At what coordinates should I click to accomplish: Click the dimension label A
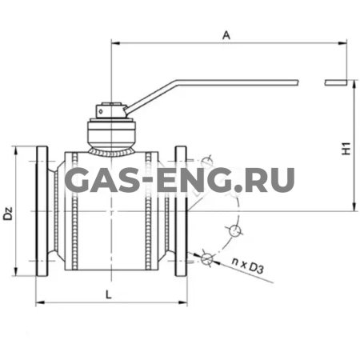pos(226,34)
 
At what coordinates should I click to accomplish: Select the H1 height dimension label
pos(346,148)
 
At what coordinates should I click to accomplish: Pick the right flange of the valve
pos(181,211)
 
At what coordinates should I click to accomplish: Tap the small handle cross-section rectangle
pos(337,81)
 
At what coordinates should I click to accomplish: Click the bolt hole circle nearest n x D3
pos(207,258)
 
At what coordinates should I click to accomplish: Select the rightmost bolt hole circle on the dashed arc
pos(234,232)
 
